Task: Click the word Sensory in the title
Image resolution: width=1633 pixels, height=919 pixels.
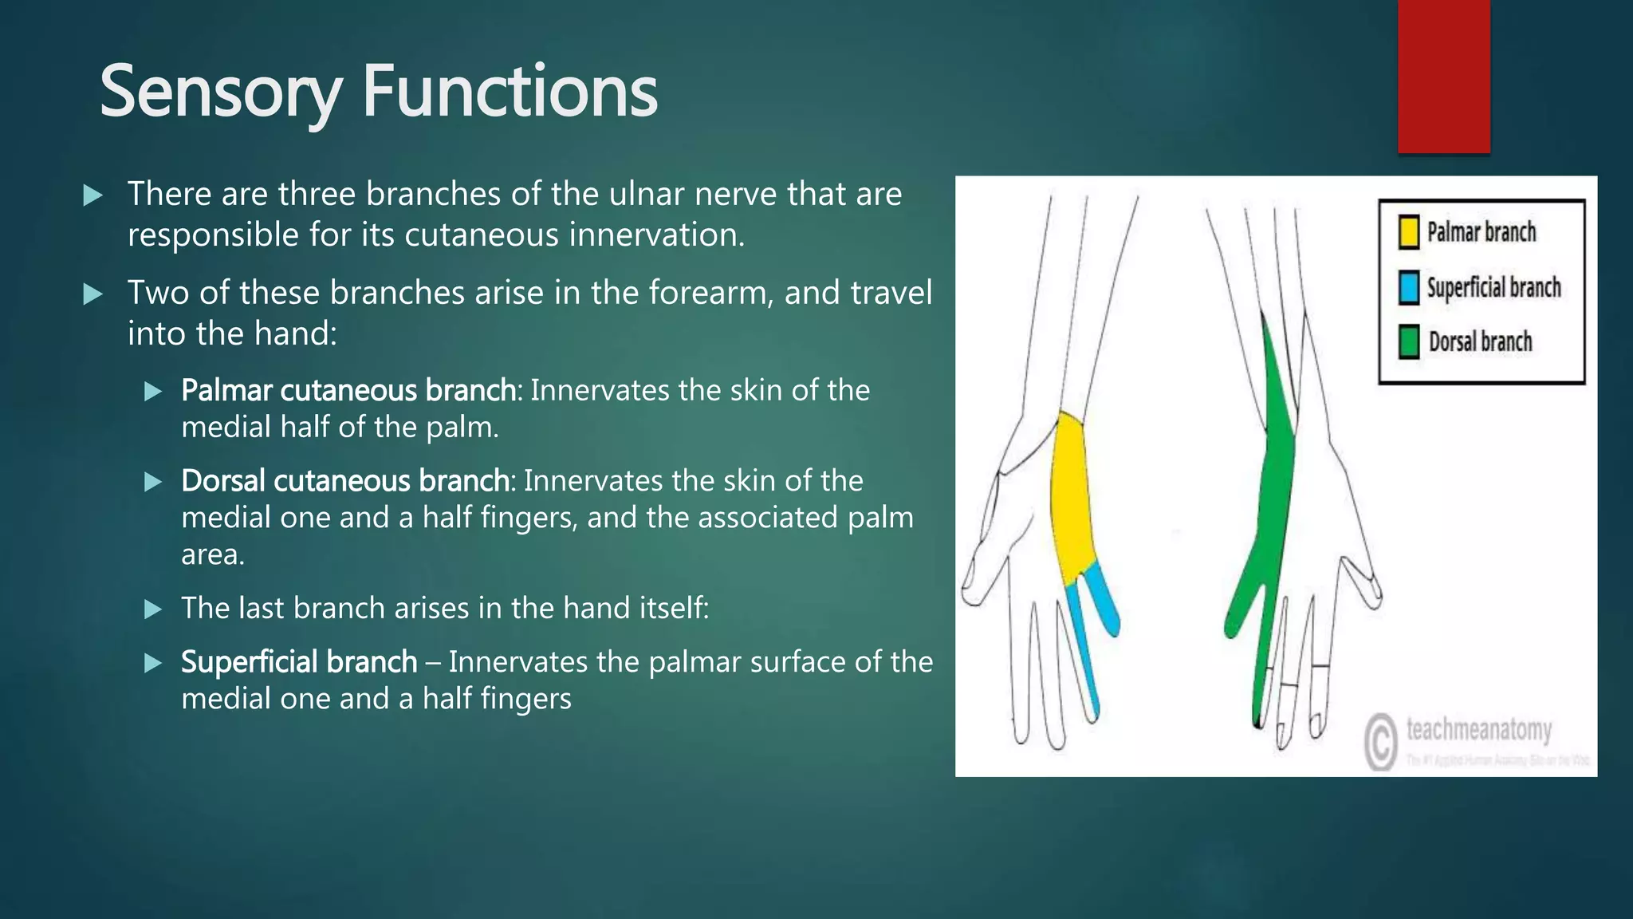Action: pos(220,93)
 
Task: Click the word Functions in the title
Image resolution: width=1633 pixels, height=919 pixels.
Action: pos(510,93)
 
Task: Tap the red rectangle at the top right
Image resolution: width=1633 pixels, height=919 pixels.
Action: pos(1443,76)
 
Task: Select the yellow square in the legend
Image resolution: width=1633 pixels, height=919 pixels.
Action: pos(1409,232)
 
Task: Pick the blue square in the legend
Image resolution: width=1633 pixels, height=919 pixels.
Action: pos(1409,288)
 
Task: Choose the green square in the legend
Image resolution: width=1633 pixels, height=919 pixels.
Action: pos(1409,342)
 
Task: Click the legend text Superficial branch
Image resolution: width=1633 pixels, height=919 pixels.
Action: pos(1493,288)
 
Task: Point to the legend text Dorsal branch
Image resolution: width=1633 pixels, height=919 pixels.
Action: pos(1480,342)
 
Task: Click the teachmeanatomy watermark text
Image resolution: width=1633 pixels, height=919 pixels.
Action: pos(1478,729)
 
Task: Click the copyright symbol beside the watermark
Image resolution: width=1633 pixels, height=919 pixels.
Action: pos(1380,741)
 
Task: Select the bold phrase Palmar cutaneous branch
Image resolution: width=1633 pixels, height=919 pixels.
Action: pos(348,390)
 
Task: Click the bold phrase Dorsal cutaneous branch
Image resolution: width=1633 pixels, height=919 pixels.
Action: pos(345,481)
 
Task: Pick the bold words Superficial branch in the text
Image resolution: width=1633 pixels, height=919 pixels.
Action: pos(299,662)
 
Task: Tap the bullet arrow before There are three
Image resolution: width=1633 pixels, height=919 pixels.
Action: pos(92,195)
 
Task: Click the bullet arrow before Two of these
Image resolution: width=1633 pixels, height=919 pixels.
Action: pos(92,294)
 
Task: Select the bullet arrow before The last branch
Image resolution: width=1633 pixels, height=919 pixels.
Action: pos(152,609)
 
